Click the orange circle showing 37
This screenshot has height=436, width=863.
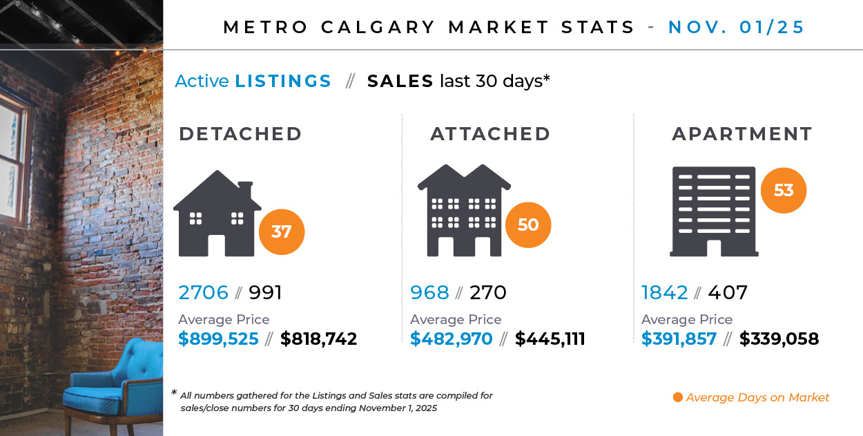point(281,231)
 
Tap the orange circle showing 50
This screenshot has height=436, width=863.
point(528,225)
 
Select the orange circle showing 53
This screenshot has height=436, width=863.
point(783,190)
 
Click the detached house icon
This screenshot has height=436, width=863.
point(216,214)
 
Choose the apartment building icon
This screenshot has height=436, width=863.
point(714,211)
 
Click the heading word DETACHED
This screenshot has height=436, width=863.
point(240,134)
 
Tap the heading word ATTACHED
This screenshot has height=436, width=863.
point(490,134)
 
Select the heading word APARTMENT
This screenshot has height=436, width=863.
point(742,134)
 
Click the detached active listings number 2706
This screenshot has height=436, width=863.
point(203,293)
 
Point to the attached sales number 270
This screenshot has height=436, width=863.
point(487,293)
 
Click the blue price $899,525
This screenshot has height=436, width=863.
point(218,339)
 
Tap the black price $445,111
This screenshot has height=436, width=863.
point(550,339)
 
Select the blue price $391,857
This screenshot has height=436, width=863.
point(679,339)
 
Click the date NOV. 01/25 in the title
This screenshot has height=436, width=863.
point(736,28)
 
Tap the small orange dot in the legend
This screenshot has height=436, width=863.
point(677,397)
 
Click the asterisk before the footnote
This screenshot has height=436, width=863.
point(174,393)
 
